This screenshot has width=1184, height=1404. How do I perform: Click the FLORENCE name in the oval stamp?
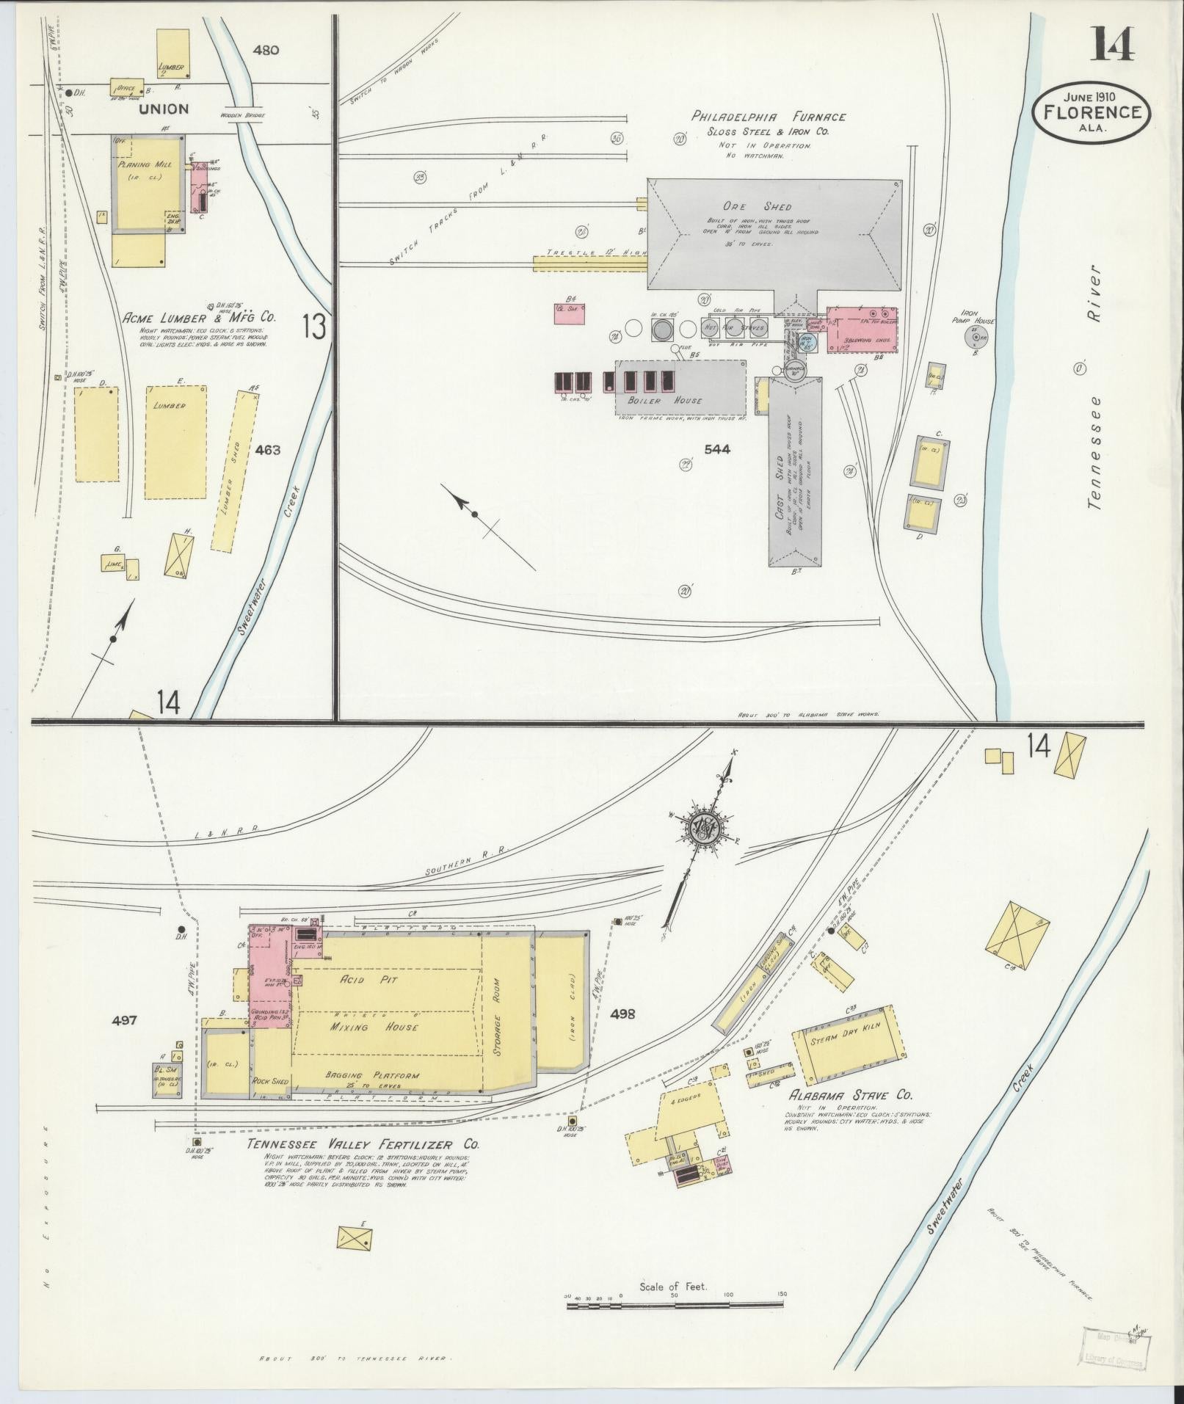1092,112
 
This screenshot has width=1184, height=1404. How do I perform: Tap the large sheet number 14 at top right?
1111,46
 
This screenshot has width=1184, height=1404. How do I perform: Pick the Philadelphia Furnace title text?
768,117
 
